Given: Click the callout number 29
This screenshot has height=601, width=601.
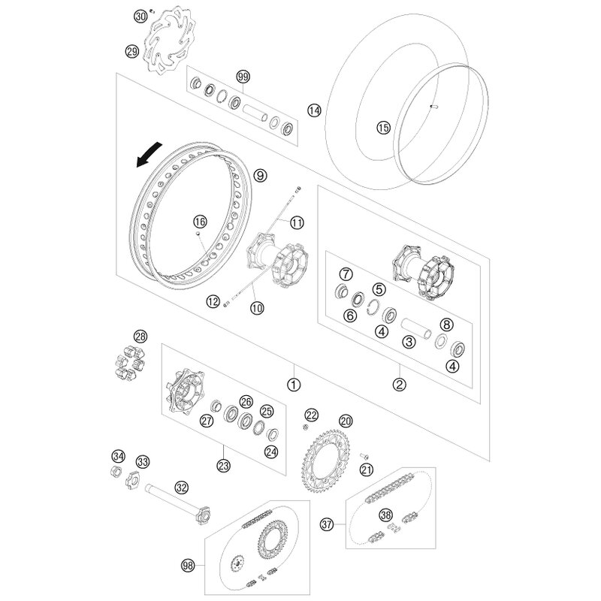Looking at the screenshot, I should pos(131,51).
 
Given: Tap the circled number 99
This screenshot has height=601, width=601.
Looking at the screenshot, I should pos(243,77).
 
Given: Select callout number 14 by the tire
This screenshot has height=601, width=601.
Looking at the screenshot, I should pos(314,110).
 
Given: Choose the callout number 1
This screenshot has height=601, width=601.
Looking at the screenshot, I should pos(294,382).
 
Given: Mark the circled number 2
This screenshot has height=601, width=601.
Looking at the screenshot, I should pos(400,382).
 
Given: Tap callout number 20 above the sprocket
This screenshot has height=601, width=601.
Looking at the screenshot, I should pos(345,421).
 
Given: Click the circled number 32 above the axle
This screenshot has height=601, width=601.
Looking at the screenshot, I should pos(181,487).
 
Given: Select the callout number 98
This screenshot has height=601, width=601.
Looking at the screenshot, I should pos(187,564).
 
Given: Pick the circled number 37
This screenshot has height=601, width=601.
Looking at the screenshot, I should pos(327,523).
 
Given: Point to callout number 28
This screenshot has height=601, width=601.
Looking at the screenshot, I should pos(141,336).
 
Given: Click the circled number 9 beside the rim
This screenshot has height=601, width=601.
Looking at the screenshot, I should pos(260,175).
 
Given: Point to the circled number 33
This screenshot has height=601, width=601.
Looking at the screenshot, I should pos(143,461).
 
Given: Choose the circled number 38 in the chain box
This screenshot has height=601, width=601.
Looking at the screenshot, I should pos(386,515).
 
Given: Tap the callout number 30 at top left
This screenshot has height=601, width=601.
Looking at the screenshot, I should pos(140,15).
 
